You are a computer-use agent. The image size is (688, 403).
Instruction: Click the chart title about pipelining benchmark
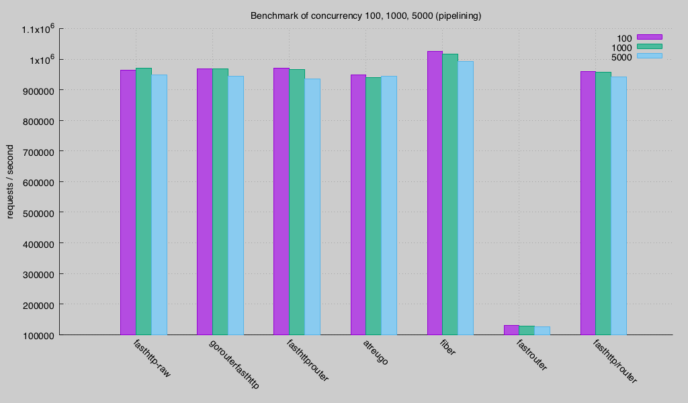tap(365, 16)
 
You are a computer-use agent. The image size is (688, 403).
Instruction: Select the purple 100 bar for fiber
tap(435, 193)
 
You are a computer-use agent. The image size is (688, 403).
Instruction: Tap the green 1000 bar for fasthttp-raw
tap(144, 201)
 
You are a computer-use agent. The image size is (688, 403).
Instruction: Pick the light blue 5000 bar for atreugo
tap(389, 206)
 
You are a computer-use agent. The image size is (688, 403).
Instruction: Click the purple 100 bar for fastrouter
tap(511, 330)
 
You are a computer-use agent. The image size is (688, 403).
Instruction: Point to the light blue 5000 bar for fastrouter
tap(542, 330)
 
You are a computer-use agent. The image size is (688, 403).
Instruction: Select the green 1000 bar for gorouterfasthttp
tap(220, 201)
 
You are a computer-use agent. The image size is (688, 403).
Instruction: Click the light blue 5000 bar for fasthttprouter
tap(312, 207)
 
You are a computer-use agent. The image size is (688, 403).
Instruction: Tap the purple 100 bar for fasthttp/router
tap(589, 203)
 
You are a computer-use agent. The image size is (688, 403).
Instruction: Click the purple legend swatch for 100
tap(650, 37)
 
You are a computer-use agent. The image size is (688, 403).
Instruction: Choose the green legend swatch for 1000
tap(650, 46)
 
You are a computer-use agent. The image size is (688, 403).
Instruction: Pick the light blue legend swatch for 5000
tap(650, 56)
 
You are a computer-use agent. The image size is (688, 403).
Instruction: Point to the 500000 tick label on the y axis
tap(38, 214)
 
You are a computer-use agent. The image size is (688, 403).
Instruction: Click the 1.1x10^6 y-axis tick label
tap(38, 29)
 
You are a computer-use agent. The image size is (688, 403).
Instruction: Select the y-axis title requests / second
tap(10, 181)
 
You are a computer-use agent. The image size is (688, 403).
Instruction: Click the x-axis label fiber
tap(447, 347)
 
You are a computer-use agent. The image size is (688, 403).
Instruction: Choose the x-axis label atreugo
tap(376, 352)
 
